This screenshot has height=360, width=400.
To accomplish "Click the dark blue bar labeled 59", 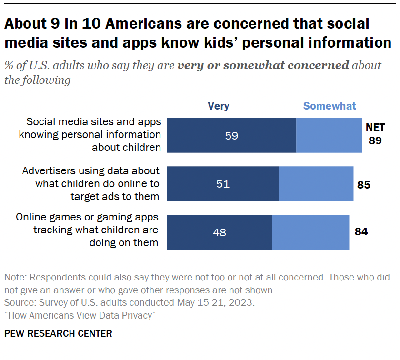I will point(231,136).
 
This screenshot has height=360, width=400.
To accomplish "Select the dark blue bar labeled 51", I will point(223,184).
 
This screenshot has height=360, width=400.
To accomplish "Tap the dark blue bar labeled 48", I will point(220,232).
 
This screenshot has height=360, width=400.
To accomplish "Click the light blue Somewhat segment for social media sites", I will point(329,136).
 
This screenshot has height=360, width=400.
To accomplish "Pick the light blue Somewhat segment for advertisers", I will point(316,184).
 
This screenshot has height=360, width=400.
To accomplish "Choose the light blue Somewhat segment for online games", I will point(310,232).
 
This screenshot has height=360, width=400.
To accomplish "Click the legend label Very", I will point(218,106).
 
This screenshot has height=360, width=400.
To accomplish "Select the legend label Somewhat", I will point(330,106).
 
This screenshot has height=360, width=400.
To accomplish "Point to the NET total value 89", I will point(375,141).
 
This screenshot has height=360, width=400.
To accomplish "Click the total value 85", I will point(364,184).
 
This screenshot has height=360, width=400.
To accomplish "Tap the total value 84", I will point(361,232).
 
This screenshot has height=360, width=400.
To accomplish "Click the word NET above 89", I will point(375,128).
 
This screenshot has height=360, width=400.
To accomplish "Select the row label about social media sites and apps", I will point(90,134).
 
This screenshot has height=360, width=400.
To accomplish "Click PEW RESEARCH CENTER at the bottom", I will point(58,334).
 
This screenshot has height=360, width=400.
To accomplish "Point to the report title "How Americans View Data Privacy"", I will point(80,315).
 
